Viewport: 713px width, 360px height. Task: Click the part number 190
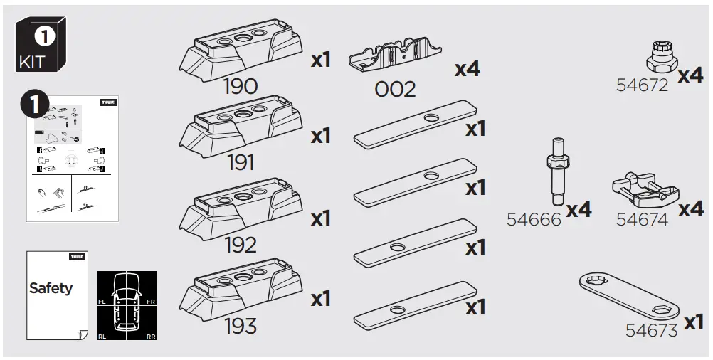240,87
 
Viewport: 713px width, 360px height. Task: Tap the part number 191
241,163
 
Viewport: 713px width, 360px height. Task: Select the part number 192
240,245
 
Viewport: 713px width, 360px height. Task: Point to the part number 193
240,327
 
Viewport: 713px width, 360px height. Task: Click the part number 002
395,90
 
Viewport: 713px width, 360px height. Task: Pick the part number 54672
642,85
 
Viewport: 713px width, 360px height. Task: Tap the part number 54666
534,219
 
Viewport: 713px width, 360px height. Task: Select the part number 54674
642,220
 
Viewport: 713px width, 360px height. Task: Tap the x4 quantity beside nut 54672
690,75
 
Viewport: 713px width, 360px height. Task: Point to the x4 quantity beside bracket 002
468,69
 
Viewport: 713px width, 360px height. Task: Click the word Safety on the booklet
51,288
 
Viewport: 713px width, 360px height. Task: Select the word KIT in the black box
33,62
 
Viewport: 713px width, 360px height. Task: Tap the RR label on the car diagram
150,336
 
